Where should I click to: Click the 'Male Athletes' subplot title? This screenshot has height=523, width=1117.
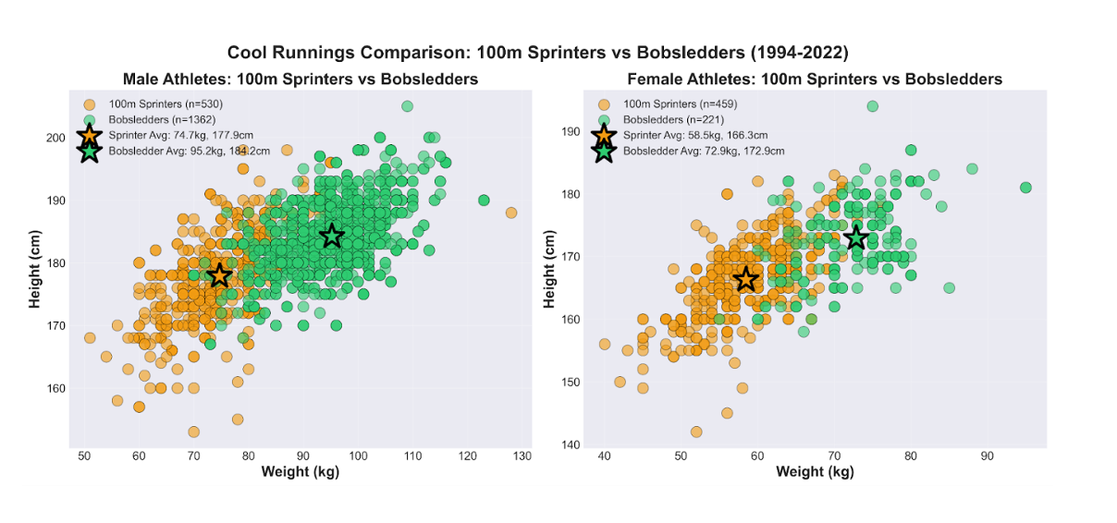pyautogui.click(x=301, y=79)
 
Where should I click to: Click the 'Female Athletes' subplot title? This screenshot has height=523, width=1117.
pyautogui.click(x=815, y=79)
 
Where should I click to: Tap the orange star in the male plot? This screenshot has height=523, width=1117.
pyautogui.click(x=219, y=275)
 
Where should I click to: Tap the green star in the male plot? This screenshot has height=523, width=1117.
pyautogui.click(x=332, y=236)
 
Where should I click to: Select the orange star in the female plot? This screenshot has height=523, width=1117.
pyautogui.click(x=745, y=279)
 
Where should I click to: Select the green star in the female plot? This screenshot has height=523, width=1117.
pyautogui.click(x=856, y=237)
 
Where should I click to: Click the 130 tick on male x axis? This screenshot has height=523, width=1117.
pyautogui.click(x=522, y=456)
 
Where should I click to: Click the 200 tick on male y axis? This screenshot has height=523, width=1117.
pyautogui.click(x=55, y=138)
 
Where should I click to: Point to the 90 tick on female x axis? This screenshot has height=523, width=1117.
pyautogui.click(x=987, y=456)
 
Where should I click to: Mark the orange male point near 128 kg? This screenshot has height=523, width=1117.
pyautogui.click(x=511, y=213)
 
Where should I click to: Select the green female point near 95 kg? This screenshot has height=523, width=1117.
pyautogui.click(x=1025, y=188)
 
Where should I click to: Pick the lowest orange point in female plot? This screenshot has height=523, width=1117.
pyautogui.click(x=696, y=432)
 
